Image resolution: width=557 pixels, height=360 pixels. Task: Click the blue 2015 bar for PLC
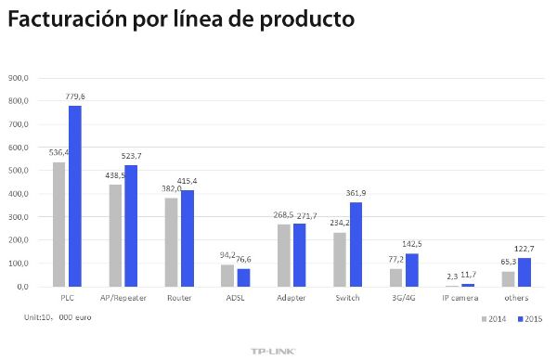click(x=74, y=196)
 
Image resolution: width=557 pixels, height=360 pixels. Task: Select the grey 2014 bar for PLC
click(x=58, y=225)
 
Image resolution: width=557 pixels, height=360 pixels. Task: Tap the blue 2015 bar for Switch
click(x=355, y=245)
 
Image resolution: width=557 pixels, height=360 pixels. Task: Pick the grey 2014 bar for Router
click(x=171, y=242)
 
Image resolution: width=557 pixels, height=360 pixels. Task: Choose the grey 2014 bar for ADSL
click(x=227, y=276)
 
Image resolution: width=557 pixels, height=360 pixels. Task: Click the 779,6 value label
click(x=75, y=96)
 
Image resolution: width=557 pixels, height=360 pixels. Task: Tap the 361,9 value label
click(x=356, y=194)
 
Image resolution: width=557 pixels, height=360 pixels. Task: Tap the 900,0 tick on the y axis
click(x=19, y=78)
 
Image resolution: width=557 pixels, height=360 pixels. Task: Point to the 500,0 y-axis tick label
click(x=19, y=171)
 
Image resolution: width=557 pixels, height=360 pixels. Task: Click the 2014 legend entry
click(x=493, y=318)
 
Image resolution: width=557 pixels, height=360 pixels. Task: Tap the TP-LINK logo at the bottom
click(x=278, y=351)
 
